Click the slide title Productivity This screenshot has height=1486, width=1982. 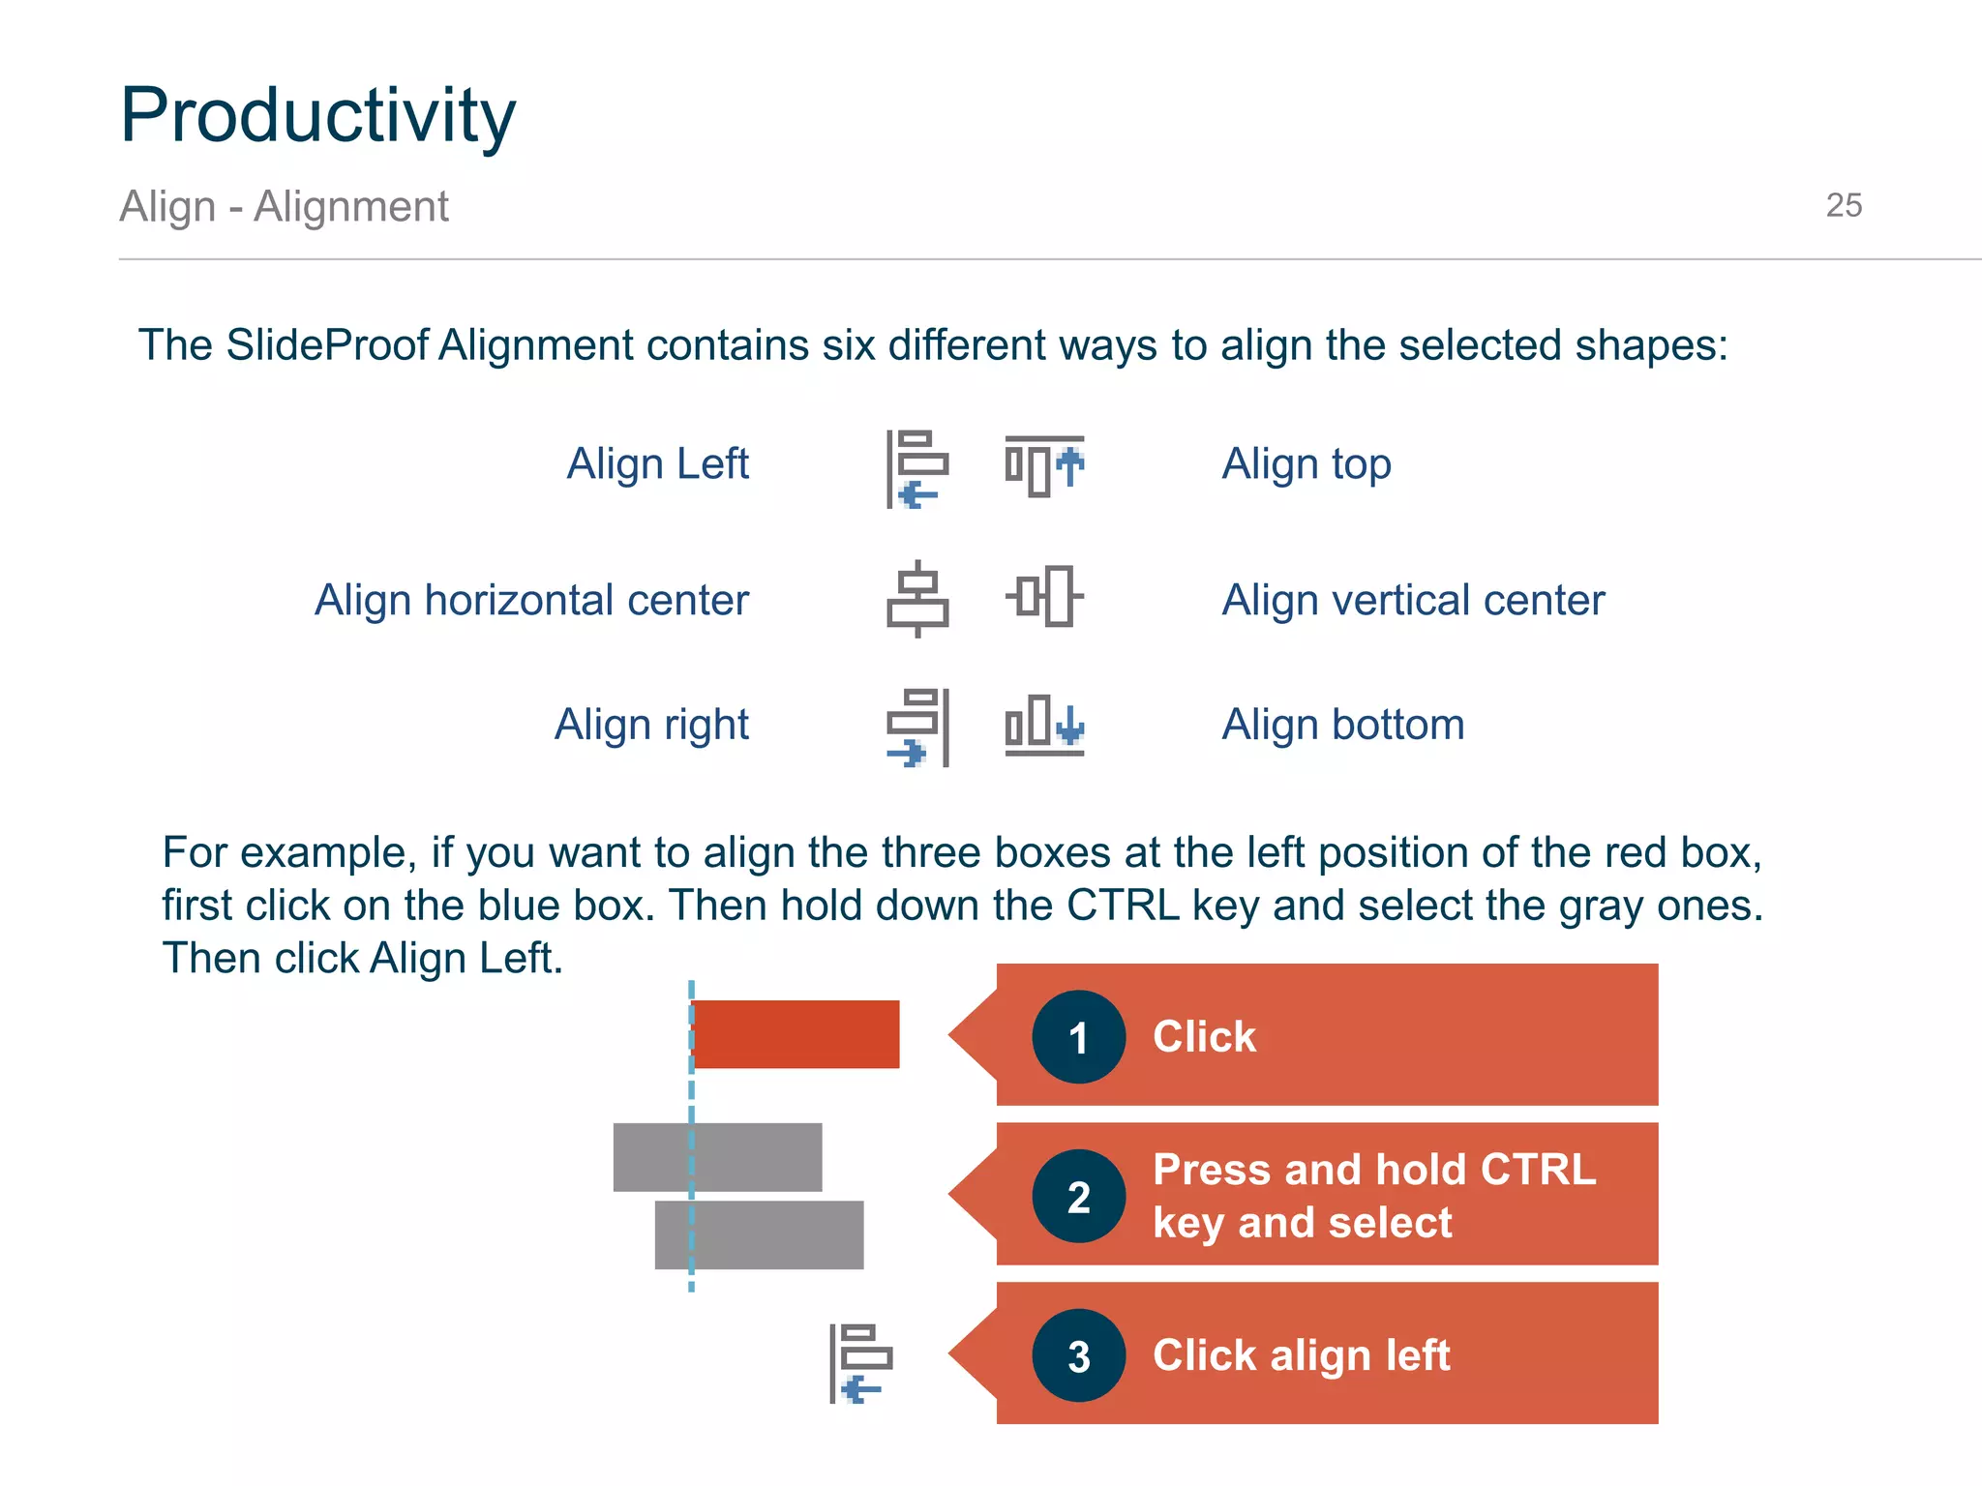317,116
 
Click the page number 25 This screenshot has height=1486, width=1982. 1843,205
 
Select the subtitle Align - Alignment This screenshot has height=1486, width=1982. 284,206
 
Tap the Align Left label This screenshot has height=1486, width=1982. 657,463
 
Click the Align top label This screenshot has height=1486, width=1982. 1306,463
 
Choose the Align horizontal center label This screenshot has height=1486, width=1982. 531,600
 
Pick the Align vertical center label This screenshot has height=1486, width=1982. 1412,600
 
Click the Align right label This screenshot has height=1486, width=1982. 651,724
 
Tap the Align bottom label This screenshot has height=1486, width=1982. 1342,724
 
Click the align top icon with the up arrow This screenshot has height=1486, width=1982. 1044,466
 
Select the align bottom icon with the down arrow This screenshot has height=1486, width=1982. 1044,725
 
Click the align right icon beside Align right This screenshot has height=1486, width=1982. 917,727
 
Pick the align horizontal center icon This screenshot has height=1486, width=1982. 917,599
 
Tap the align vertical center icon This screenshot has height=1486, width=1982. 1044,596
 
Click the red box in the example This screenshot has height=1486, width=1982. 796,1034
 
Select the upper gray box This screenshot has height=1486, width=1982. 717,1157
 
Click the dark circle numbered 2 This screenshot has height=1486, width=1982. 1078,1197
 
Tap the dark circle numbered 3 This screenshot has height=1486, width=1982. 1078,1355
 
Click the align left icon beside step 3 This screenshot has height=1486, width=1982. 860,1363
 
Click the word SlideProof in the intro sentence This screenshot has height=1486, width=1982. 326,345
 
